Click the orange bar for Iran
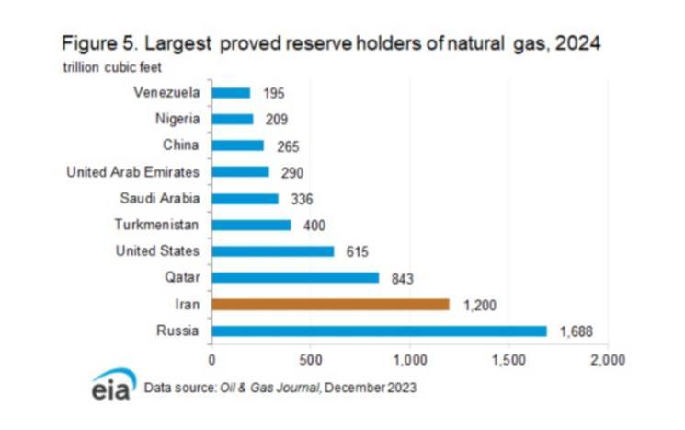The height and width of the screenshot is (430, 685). (330, 304)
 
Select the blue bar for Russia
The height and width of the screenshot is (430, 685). (379, 331)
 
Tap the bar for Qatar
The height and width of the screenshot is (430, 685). (295, 277)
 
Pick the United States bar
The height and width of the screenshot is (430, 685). (272, 250)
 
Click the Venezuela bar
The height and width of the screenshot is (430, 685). (231, 92)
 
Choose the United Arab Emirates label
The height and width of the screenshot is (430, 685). (135, 171)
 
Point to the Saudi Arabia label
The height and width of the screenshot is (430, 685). (161, 198)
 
